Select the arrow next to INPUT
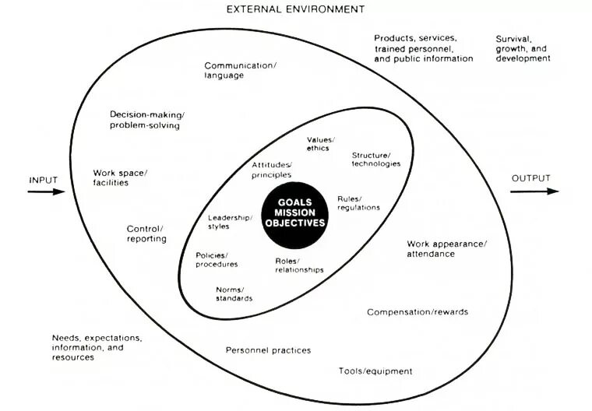tap(46, 191)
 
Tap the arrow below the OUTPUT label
tap(530, 191)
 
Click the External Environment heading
tap(294, 9)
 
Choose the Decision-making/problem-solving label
tap(146, 120)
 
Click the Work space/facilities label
tap(121, 177)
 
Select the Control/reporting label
tap(146, 234)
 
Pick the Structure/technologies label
tap(376, 159)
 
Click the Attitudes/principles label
tap(272, 170)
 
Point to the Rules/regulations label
tap(358, 202)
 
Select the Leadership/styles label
tap(230, 222)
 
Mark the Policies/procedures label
tap(217, 259)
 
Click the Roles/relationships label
tap(299, 265)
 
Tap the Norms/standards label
tap(234, 293)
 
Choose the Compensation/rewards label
tap(418, 312)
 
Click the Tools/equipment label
tap(375, 371)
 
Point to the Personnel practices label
tap(268, 350)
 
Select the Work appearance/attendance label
tap(446, 248)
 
